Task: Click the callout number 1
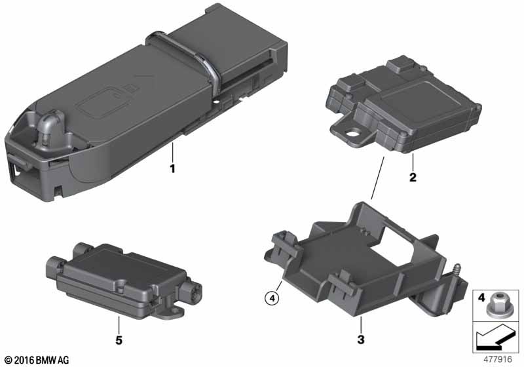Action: pos(172,168)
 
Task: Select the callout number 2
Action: pos(413,177)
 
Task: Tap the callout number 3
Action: pos(361,339)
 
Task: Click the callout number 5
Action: pos(119,340)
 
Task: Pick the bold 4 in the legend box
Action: pos(481,297)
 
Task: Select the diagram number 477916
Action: pos(498,359)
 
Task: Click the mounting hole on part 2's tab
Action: pos(352,134)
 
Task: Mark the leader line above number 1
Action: pos(172,152)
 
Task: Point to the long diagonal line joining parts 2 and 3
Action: pos(378,178)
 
